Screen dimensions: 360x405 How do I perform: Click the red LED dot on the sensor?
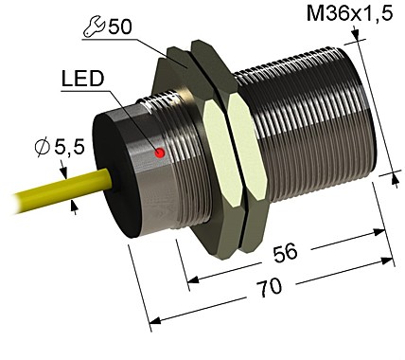pyautogui.click(x=161, y=152)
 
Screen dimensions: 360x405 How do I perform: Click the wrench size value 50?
pyautogui.click(x=120, y=27)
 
